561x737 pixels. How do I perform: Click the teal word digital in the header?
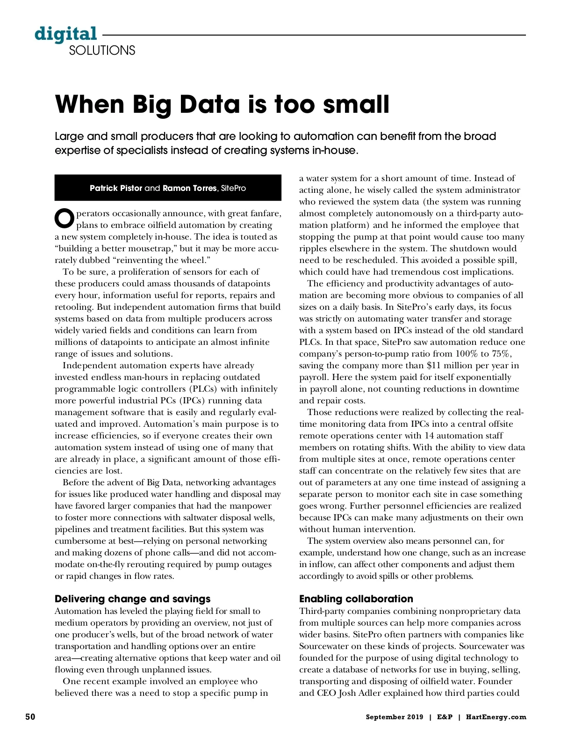pyautogui.click(x=66, y=34)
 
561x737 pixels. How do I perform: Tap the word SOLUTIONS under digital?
pyautogui.click(x=102, y=51)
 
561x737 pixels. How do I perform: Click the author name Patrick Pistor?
pyautogui.click(x=116, y=188)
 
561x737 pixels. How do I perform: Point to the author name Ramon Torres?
pyautogui.click(x=189, y=188)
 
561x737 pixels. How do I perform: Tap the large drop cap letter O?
pyautogui.click(x=64, y=217)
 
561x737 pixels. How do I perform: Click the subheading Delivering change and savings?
pyautogui.click(x=132, y=599)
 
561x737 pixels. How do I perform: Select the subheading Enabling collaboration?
pyautogui.click(x=356, y=599)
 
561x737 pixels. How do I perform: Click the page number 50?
pyautogui.click(x=30, y=717)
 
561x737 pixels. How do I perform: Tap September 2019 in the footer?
pyautogui.click(x=394, y=717)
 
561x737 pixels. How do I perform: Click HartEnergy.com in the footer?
pyautogui.click(x=496, y=717)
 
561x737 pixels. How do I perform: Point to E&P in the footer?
pyautogui.click(x=445, y=717)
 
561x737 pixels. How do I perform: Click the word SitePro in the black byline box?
pyautogui.click(x=233, y=188)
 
